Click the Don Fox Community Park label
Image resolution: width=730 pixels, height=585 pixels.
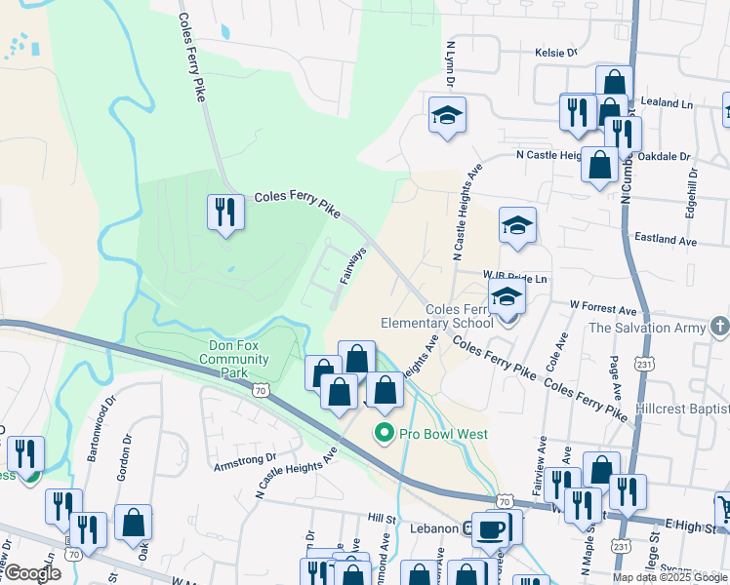(233, 359)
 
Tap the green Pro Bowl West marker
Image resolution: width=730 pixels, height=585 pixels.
(384, 433)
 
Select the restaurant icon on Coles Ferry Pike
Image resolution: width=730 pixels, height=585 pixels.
(226, 212)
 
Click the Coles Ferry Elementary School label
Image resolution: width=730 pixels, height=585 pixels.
(436, 317)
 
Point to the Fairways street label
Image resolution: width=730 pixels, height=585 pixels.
(352, 265)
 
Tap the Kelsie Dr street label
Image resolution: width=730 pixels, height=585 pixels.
(555, 53)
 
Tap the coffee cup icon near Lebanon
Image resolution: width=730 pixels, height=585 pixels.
(491, 529)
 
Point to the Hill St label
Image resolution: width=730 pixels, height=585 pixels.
(381, 517)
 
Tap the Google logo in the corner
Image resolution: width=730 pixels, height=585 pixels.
(32, 572)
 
